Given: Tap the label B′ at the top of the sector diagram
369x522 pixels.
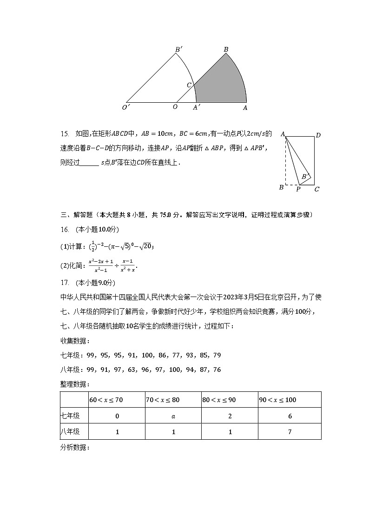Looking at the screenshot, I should tap(178, 49).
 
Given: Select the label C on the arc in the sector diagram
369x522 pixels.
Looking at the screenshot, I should tap(189, 85).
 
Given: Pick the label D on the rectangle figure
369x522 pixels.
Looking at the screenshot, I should tap(318, 135).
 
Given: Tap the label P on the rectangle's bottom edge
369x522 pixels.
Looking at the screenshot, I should tap(298, 189).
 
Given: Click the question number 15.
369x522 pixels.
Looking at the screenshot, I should tap(65, 134).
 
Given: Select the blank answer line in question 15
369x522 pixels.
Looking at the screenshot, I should tap(89, 163).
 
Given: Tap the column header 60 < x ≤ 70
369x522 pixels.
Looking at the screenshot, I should tap(106, 400).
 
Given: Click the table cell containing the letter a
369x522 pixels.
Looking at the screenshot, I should tap(173, 416).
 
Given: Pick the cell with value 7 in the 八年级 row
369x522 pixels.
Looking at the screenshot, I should tap(290, 432).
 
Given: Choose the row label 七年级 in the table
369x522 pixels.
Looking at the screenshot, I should tap(70, 416).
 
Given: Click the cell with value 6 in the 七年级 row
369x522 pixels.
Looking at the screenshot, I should tap(290, 416).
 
